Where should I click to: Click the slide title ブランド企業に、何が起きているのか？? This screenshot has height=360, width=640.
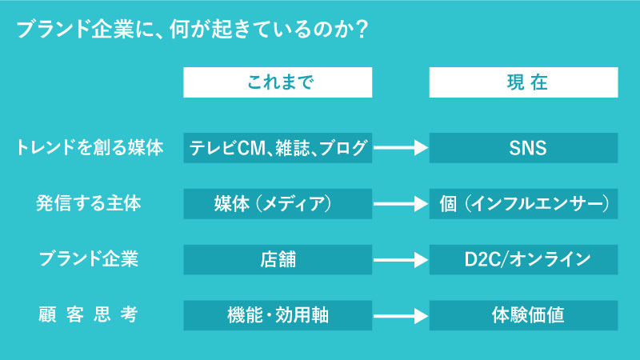[192, 30]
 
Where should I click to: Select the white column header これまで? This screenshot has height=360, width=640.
[278, 82]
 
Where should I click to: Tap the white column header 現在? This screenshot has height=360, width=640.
[523, 82]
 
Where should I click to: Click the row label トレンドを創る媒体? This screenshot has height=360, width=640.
[90, 148]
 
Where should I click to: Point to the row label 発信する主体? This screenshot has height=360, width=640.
[89, 204]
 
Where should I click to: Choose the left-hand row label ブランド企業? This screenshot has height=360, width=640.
[89, 259]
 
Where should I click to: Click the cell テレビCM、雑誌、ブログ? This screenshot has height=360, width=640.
[278, 148]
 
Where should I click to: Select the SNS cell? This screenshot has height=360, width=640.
[523, 148]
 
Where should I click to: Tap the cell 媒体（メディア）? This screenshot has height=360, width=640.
[278, 204]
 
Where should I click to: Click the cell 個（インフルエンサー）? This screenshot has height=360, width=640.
[523, 204]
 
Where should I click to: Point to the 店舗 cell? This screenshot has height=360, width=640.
[278, 259]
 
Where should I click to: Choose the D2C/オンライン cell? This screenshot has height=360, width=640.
[523, 259]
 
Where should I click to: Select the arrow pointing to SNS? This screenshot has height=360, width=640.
[401, 148]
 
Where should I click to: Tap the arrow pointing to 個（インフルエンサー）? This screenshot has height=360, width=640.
[401, 204]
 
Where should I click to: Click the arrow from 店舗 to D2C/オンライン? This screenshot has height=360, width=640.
[401, 259]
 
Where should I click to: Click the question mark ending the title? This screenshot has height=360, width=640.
[361, 30]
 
